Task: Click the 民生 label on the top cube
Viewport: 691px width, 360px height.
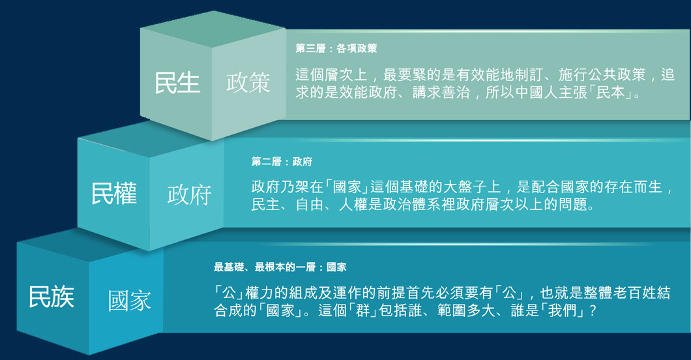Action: [177, 83]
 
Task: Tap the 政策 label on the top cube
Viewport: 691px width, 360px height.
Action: [248, 83]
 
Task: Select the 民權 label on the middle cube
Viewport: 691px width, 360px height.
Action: [113, 193]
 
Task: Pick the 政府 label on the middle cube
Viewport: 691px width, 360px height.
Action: [189, 194]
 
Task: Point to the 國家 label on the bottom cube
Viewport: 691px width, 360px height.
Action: [129, 301]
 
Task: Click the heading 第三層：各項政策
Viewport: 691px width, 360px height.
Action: [336, 49]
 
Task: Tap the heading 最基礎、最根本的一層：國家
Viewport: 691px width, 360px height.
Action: [280, 267]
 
